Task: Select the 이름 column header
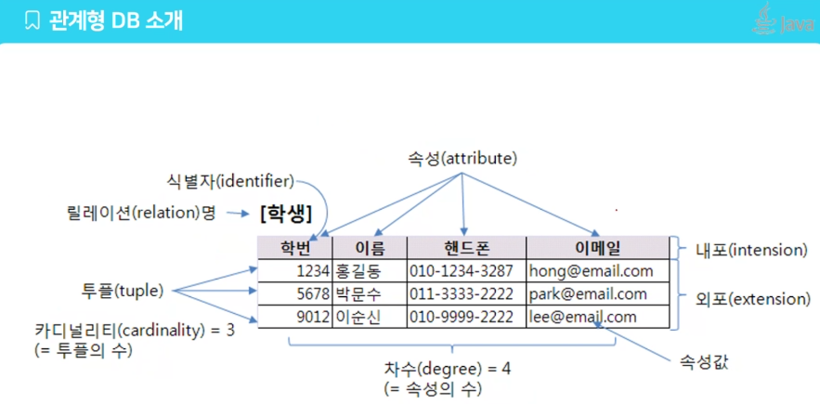tap(369, 248)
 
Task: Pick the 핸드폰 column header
tap(466, 248)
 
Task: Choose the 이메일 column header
tap(597, 248)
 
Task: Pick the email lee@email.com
tap(582, 317)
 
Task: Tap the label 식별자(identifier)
tap(228, 179)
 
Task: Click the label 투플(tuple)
tap(123, 291)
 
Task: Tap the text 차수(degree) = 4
tap(448, 368)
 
